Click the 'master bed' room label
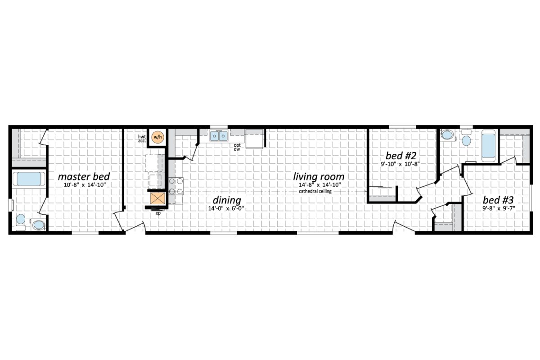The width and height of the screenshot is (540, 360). (x=84, y=176)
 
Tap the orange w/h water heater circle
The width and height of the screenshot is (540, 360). (x=157, y=137)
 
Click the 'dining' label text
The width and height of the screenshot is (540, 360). (x=228, y=200)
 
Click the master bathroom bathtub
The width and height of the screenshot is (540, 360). (x=28, y=179)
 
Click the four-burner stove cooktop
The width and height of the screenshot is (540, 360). (x=176, y=186)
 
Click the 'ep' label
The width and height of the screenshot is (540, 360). (x=158, y=213)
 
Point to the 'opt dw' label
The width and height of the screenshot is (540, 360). (x=237, y=147)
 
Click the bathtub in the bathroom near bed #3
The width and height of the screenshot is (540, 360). (x=489, y=145)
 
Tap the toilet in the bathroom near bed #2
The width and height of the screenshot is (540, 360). (x=466, y=139)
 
